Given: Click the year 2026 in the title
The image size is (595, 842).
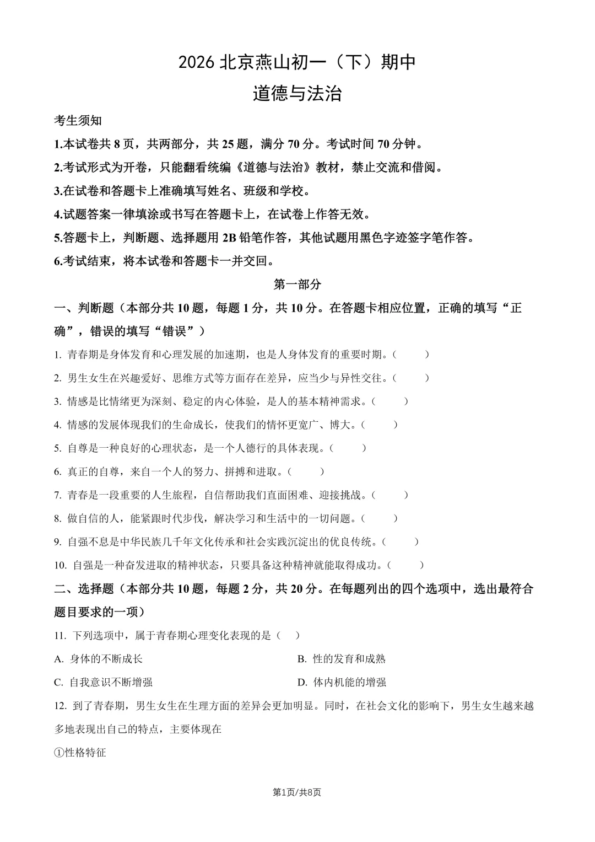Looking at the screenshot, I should click(x=197, y=63).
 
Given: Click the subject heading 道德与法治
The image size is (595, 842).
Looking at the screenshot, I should click(x=297, y=94).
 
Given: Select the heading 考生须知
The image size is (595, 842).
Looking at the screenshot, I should click(x=78, y=121).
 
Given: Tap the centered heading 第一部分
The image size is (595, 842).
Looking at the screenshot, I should click(x=297, y=285).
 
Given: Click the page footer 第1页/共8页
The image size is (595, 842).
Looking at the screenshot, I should click(x=297, y=792).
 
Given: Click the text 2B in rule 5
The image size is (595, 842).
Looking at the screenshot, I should click(x=229, y=238).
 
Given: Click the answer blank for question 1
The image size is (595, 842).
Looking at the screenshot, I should click(x=411, y=355).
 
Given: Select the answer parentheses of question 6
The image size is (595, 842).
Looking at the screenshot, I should click(x=306, y=471).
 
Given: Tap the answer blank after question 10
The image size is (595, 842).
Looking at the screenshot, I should click(x=406, y=565).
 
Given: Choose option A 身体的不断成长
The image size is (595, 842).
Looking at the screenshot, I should click(x=99, y=659).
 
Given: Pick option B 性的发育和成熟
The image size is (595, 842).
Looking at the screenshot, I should click(x=342, y=659).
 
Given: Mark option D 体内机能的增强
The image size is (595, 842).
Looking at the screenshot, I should click(x=342, y=682).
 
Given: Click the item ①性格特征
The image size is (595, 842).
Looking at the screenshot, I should click(x=80, y=752).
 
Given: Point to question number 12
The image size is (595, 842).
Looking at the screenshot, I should click(x=60, y=706).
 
